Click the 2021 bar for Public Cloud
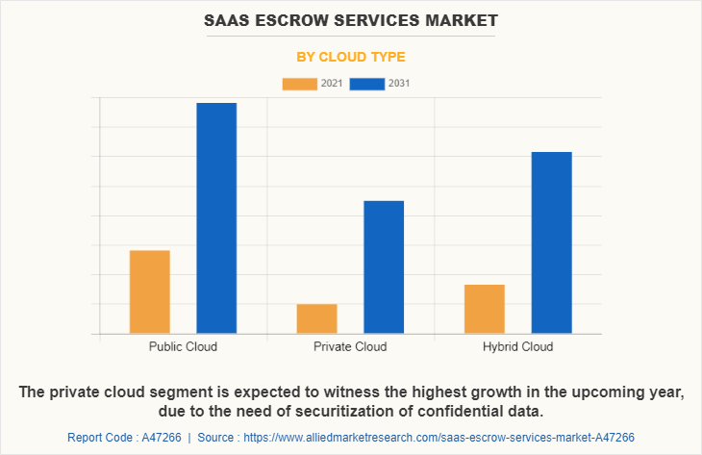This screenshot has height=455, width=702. [x=150, y=291]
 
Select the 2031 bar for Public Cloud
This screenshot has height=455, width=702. [x=216, y=217]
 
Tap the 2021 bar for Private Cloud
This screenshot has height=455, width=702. [x=316, y=318]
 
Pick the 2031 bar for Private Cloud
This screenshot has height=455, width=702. [x=384, y=266]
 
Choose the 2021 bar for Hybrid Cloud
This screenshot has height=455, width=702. [x=484, y=309]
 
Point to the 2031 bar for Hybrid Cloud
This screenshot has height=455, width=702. [x=551, y=242]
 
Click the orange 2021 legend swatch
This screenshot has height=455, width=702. [x=299, y=84]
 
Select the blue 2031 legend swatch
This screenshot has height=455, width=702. [x=367, y=84]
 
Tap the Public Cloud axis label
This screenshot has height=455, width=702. [x=183, y=346]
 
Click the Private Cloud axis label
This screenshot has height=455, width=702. [x=350, y=346]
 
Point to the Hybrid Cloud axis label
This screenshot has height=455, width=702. [x=517, y=346]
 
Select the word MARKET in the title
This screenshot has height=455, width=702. [x=457, y=19]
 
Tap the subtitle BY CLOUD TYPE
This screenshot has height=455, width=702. [x=350, y=57]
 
